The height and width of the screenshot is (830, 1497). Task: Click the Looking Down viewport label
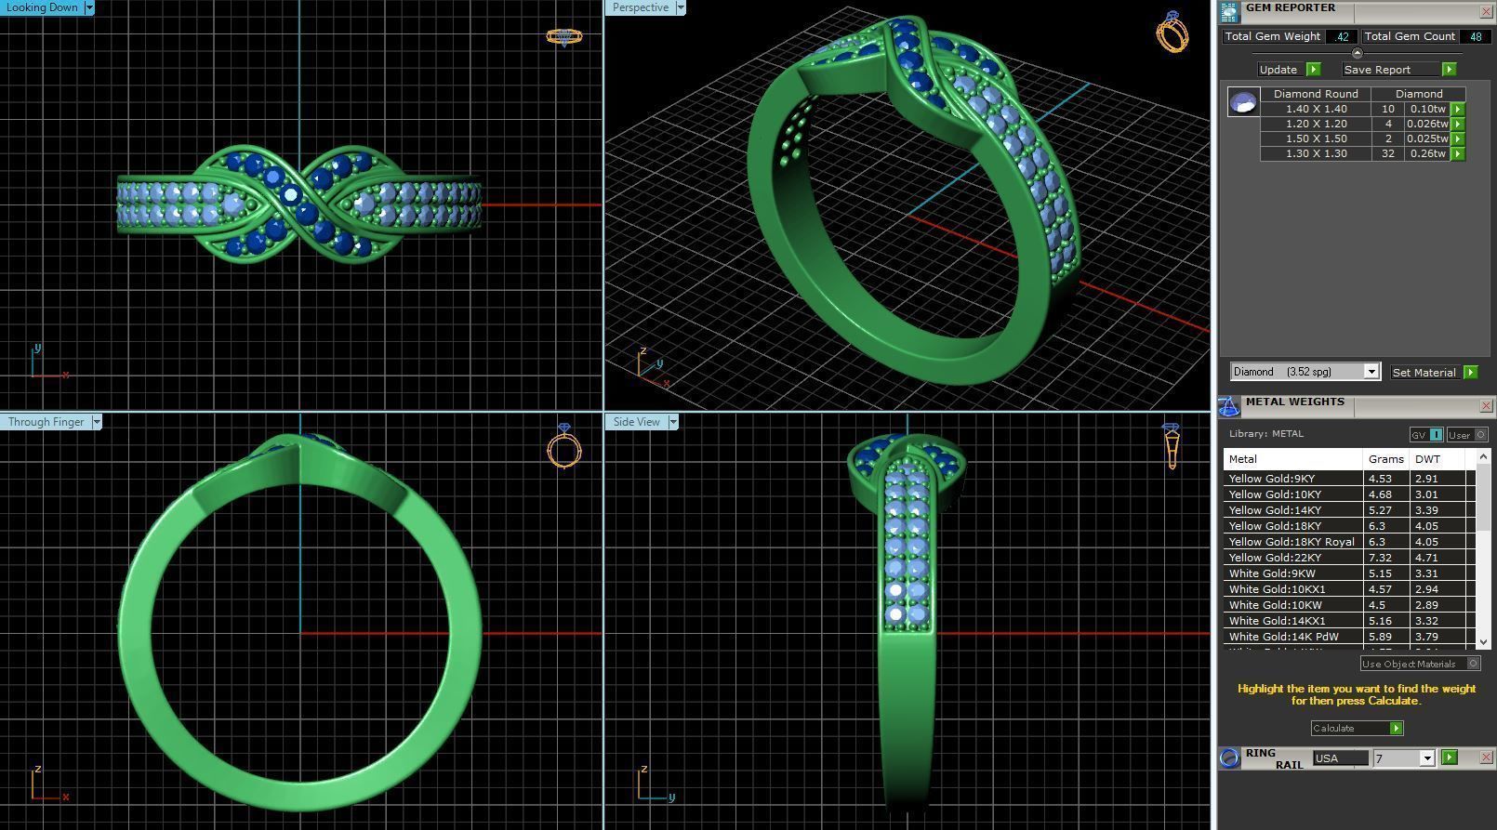(42, 7)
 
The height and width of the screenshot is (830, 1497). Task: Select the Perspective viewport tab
(640, 7)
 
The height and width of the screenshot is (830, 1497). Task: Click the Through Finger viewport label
(46, 422)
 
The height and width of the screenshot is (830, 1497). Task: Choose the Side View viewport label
(636, 422)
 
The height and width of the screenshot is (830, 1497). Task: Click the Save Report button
(1377, 70)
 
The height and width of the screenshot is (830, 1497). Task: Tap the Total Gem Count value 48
(1476, 36)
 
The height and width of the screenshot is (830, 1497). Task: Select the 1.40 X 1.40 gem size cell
(1316, 109)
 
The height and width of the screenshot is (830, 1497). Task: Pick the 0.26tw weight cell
(1427, 153)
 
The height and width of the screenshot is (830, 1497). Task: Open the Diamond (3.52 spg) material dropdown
(1305, 372)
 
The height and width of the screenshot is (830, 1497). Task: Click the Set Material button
(1424, 373)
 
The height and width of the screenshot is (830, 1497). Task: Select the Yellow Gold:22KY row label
(1274, 558)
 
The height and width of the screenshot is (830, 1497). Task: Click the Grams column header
(1385, 459)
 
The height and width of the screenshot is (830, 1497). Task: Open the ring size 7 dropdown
(1403, 758)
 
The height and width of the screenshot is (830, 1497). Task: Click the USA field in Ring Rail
(1339, 758)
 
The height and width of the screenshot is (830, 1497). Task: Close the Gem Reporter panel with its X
(1486, 11)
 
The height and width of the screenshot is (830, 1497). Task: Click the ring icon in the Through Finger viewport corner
(563, 447)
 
